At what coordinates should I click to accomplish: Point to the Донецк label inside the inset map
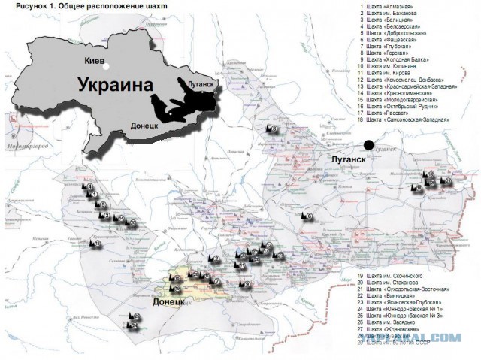[147, 126]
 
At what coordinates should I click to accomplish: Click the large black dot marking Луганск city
[368, 145]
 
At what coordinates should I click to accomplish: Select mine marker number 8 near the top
[274, 130]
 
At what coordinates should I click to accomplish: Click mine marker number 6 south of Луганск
[308, 217]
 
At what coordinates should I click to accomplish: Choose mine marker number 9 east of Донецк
[247, 284]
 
